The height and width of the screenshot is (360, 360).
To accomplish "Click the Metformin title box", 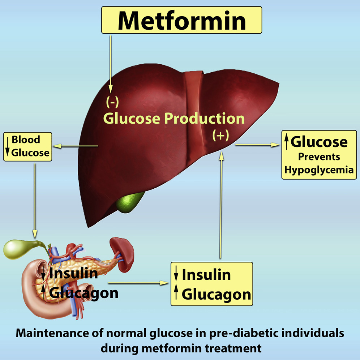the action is (181, 20).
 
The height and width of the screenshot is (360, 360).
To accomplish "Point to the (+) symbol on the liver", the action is (220, 135).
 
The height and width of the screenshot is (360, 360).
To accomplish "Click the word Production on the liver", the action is (204, 119).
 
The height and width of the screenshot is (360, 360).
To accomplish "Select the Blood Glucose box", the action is (27, 146).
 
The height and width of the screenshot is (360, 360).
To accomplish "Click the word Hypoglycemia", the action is (319, 170).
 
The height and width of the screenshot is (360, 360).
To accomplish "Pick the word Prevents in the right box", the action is (319, 157).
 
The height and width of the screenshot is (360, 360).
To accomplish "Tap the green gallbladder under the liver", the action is (130, 202).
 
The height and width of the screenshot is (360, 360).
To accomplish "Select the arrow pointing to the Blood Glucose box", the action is (76, 146).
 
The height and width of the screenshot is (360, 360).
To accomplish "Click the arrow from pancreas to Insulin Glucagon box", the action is (138, 283).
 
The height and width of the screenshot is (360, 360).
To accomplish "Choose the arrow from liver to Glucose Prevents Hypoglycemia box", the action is (257, 145).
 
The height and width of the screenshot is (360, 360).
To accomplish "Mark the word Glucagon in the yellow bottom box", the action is (216, 294).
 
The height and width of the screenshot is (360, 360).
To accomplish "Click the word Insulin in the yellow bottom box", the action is (206, 275).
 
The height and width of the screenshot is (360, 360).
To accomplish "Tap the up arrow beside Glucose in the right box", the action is (286, 142).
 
